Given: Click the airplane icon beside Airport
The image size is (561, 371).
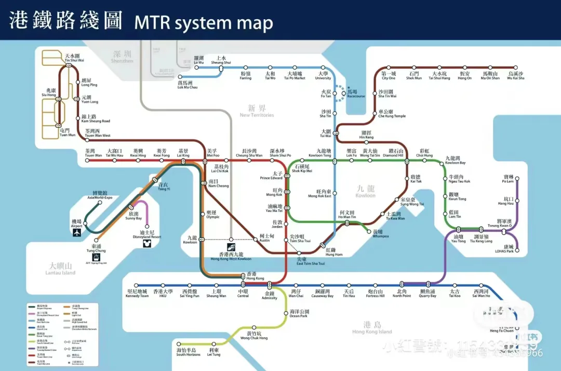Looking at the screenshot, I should [x=78, y=232].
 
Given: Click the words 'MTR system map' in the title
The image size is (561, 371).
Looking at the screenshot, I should [x=204, y=23].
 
